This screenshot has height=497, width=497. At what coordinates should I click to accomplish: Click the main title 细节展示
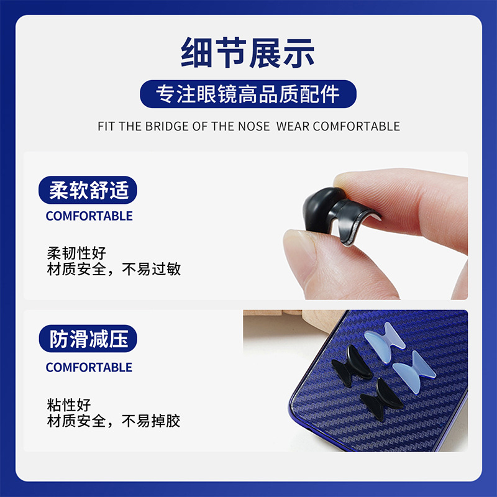pos(247,53)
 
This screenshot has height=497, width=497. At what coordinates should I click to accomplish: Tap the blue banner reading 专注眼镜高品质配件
pos(248,94)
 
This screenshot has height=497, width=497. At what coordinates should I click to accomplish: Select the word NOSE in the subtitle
pos(254,127)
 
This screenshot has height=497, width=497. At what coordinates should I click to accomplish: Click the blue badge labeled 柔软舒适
pos(88,190)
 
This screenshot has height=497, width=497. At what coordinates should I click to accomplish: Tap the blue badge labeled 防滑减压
pos(88,339)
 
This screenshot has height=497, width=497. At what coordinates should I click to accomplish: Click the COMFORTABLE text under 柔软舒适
pos(89,216)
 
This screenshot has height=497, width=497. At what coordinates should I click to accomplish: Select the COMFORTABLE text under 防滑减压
pos(89,367)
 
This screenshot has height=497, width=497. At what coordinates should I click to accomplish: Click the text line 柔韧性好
pos(76,253)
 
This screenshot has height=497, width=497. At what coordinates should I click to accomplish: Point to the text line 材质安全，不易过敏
pos(114,269)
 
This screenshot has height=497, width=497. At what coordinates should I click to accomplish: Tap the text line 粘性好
pos(69,405)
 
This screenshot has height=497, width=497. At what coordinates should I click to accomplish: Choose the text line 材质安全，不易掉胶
pos(114,421)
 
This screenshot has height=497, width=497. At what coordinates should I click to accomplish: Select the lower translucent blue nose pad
pos(414,372)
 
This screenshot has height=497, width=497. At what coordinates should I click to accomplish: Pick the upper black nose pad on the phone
pos(352,366)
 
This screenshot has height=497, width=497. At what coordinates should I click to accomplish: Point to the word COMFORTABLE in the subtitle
pos(356,127)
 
